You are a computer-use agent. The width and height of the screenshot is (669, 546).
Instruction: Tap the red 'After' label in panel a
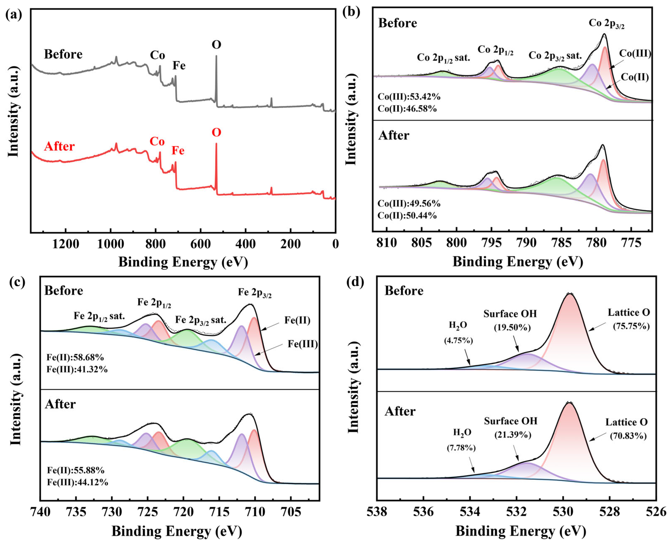[x=59, y=146]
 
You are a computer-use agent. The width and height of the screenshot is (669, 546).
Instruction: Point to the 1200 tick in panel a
[x=65, y=244]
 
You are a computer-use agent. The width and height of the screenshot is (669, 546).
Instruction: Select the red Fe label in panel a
[x=178, y=151]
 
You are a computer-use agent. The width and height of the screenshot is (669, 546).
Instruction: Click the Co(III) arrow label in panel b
[x=635, y=54]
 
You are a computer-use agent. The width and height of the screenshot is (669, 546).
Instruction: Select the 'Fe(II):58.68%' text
[x=75, y=357]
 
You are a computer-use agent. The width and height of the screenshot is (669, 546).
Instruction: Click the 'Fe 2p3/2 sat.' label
[x=200, y=320]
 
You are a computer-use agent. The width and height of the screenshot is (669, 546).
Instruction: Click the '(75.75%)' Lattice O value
[x=631, y=326]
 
